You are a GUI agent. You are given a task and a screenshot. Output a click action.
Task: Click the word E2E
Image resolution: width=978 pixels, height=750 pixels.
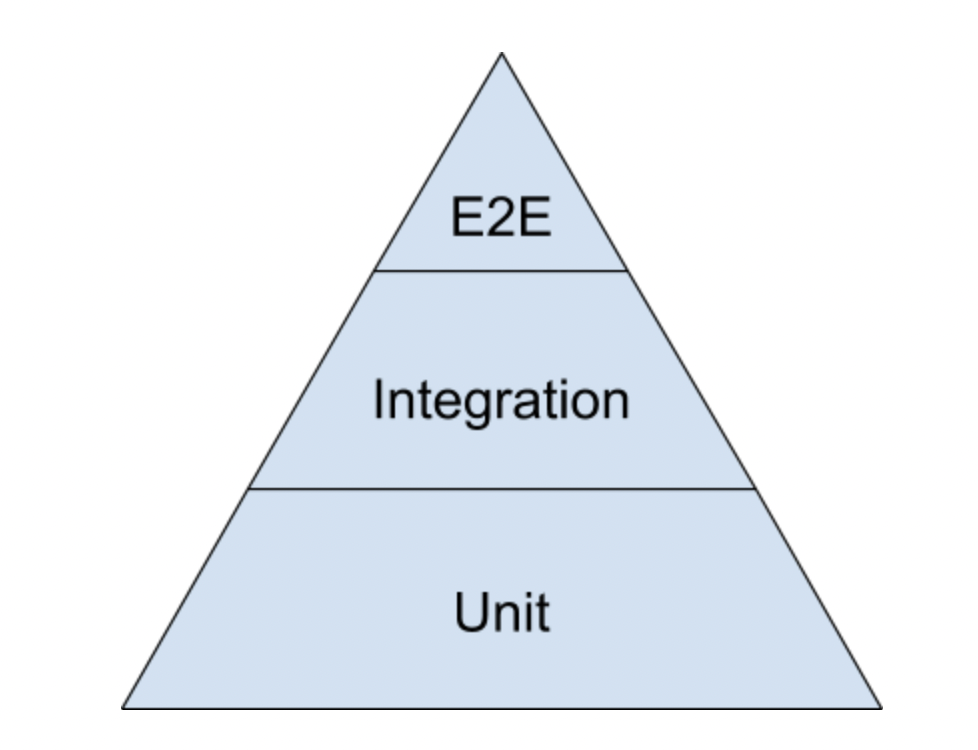pos(501,217)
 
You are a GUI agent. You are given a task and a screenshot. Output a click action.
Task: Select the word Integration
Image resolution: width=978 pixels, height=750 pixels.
pos(501,401)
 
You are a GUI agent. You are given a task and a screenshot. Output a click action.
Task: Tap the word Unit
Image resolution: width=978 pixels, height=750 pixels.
pos(501,612)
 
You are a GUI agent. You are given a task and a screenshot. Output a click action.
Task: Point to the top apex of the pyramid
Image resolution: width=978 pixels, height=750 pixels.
pos(501,54)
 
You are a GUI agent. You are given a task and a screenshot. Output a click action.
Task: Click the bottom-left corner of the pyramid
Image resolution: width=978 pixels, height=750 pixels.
pos(123,708)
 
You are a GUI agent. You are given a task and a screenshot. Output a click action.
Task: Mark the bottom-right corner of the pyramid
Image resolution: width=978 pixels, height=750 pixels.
pos(881,708)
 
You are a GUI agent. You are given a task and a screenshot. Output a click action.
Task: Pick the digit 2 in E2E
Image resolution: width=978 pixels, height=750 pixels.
pos(501,217)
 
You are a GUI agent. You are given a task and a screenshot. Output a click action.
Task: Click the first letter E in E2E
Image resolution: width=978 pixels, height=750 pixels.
pos(467,217)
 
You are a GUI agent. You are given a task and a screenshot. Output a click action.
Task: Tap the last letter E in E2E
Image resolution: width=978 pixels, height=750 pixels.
pos(535,217)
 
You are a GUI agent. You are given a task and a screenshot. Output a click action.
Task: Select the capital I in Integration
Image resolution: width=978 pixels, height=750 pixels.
pos(379,400)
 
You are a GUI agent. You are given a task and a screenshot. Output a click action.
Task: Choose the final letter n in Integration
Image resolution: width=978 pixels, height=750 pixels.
pos(616,403)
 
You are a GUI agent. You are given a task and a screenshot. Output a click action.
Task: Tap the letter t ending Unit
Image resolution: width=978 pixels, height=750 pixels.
pos(541,612)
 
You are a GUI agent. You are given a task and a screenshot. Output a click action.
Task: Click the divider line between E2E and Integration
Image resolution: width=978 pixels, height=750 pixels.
pos(501,270)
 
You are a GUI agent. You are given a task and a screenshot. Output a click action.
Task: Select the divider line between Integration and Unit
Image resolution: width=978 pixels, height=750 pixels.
pos(501,489)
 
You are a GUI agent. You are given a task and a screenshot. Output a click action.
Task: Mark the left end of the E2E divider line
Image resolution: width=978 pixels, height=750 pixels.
pos(376,270)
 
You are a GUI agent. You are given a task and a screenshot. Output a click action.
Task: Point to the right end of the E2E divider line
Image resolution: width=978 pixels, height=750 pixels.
pos(627,270)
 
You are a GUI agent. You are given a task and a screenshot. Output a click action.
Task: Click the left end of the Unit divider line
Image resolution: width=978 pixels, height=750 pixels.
pos(249,489)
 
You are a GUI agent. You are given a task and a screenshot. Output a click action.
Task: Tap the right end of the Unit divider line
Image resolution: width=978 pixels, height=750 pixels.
pos(754,489)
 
